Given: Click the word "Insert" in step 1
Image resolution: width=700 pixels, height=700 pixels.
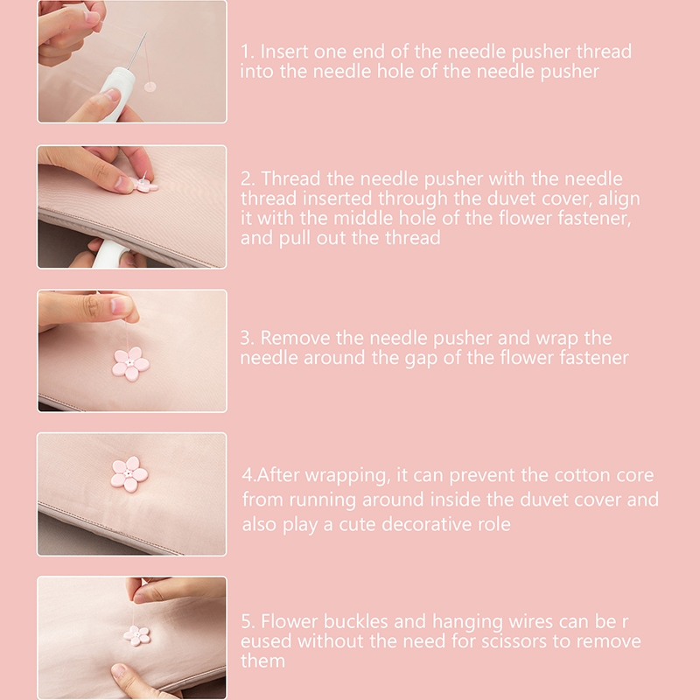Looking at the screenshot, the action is (284, 52).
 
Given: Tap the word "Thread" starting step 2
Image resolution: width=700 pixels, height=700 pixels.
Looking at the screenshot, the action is (290, 178).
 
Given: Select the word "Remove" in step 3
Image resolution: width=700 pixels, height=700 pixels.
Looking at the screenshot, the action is (295, 338).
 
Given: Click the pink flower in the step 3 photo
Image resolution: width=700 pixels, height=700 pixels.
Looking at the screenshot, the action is (130, 364).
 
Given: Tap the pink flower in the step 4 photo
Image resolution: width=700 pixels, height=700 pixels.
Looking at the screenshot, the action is (129, 473).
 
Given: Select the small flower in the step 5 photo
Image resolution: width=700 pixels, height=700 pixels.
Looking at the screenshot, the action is (136, 635).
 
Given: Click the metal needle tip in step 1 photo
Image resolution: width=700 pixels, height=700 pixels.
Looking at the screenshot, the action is (146, 32).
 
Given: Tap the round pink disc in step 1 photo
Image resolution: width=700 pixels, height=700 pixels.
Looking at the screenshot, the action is (150, 87).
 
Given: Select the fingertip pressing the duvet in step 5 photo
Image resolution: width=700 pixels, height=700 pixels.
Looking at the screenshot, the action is (119, 670).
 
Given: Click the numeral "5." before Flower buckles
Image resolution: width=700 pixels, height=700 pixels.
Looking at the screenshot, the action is (248, 621).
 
